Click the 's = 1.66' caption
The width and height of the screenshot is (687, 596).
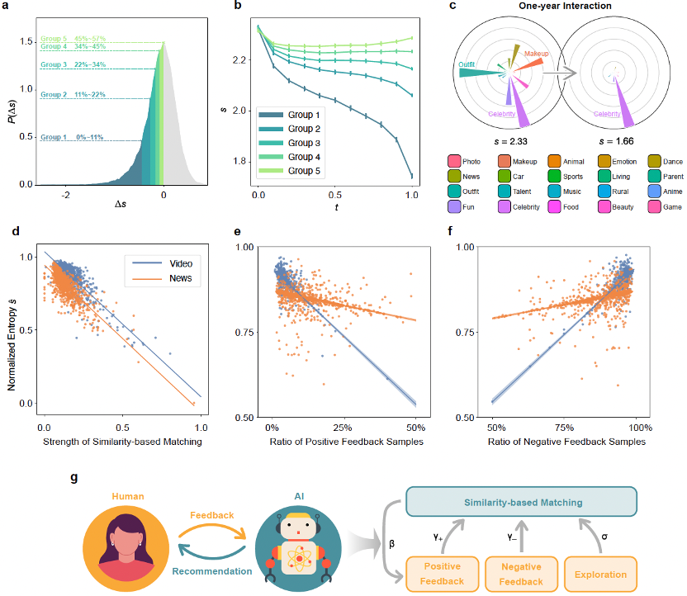point(613,141)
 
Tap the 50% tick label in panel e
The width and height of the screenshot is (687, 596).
point(415,428)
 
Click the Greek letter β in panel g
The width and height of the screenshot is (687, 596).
point(391,544)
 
